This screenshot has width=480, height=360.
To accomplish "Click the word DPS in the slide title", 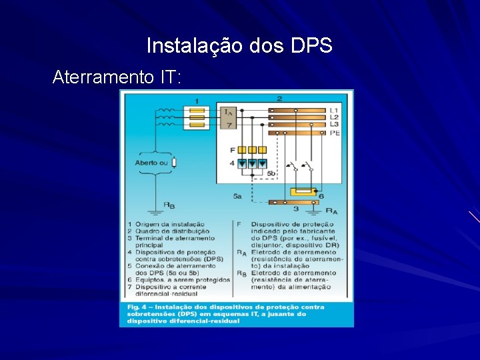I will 311,46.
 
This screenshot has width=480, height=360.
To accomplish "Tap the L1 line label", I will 334,110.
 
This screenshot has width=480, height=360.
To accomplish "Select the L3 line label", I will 334,124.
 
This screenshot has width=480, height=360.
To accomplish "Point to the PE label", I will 335,133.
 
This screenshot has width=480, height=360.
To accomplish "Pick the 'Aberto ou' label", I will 151,162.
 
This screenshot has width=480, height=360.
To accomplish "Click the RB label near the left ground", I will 169,205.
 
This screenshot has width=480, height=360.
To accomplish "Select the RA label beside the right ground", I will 331,211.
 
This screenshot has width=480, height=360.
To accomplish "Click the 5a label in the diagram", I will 237,196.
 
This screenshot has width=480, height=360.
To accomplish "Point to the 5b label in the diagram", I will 271,173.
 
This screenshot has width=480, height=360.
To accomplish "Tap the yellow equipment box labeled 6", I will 303,193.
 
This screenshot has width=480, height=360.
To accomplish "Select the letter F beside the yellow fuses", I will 232,150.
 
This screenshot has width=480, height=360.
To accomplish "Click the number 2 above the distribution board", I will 279,98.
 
